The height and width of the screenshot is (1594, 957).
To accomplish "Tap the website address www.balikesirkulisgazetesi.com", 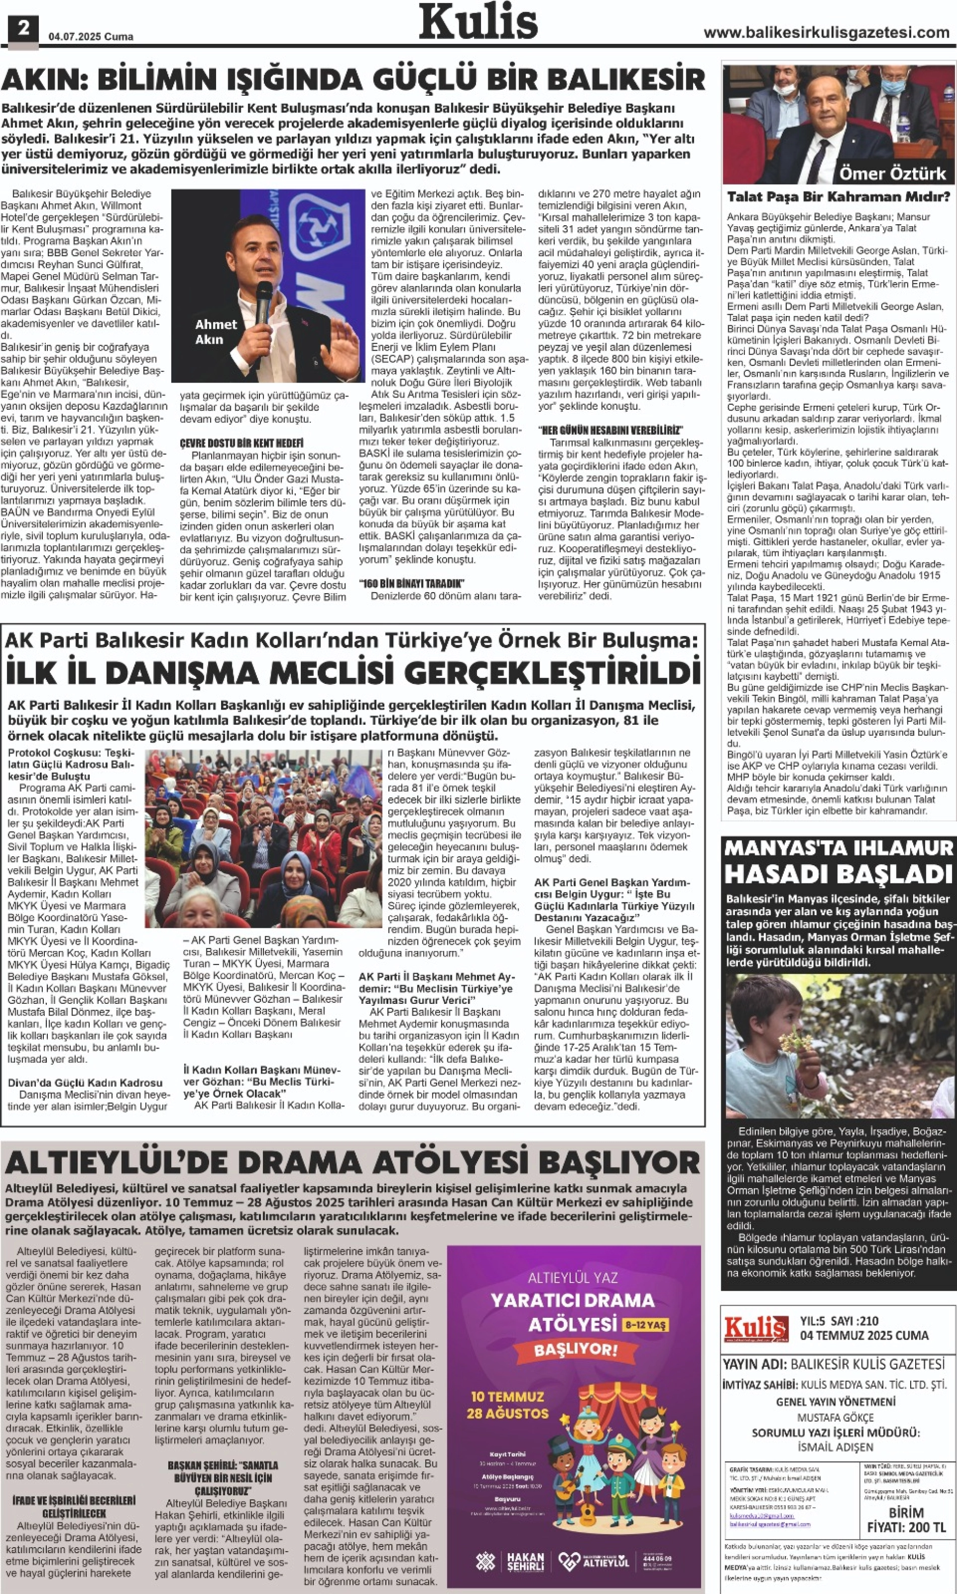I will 826,33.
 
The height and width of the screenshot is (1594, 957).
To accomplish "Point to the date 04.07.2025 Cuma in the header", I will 91,37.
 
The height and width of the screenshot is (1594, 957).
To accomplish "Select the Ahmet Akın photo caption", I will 216,332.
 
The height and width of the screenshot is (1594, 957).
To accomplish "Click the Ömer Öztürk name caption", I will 892,173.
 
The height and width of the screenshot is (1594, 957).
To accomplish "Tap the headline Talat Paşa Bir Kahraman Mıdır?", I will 838,197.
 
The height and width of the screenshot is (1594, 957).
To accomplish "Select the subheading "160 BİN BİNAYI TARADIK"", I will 412,584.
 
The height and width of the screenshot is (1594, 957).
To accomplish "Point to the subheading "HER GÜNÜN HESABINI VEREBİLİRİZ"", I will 610,430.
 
